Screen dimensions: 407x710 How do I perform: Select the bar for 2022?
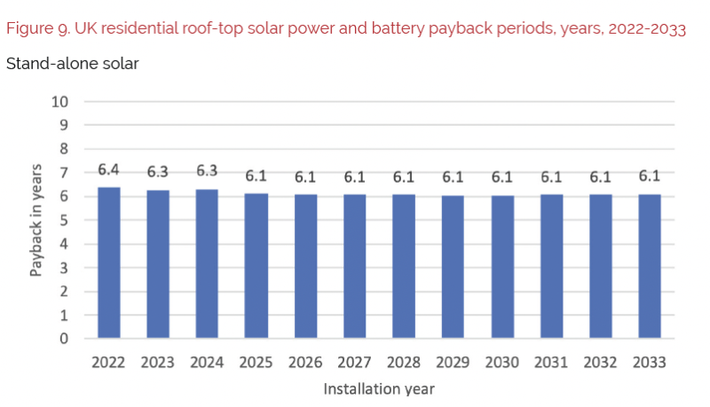(x=109, y=262)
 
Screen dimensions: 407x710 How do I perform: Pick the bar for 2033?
(x=650, y=266)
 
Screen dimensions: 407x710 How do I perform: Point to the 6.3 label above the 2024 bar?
(x=208, y=171)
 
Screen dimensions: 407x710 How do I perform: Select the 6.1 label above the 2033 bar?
(x=650, y=176)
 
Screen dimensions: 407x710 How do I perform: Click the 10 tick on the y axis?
(x=60, y=101)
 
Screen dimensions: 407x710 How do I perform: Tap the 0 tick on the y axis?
(x=64, y=338)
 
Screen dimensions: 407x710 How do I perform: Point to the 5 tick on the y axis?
(x=64, y=220)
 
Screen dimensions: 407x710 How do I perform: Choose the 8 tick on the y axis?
(x=64, y=149)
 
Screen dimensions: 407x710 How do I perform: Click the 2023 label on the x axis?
(x=158, y=363)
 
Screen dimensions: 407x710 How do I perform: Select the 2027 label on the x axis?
(x=355, y=363)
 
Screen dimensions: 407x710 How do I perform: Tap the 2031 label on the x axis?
(x=551, y=363)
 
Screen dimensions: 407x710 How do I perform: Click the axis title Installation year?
(x=379, y=388)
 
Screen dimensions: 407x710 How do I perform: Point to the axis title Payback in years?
(x=36, y=220)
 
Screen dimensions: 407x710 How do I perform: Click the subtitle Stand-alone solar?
(x=72, y=64)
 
